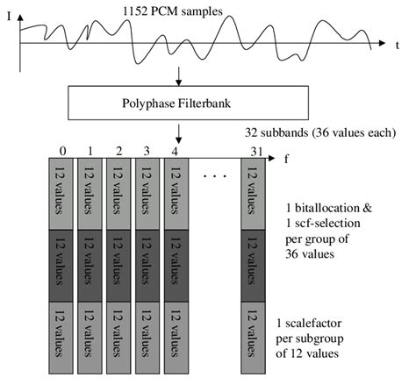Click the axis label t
(397, 44)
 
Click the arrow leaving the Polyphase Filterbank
(178, 133)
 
